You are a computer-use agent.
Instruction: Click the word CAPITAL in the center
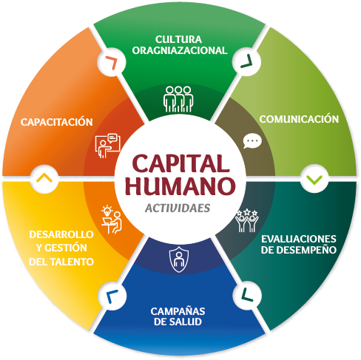(180, 163)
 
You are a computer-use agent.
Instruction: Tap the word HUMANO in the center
(180, 186)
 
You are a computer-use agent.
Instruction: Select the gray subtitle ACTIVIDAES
(178, 208)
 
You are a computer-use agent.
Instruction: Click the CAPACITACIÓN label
(57, 121)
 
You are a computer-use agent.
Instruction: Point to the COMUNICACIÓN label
(299, 119)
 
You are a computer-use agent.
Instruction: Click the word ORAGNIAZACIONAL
(180, 50)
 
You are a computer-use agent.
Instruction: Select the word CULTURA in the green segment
(178, 39)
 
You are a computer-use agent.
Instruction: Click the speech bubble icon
(252, 141)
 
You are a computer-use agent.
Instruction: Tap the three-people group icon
(178, 99)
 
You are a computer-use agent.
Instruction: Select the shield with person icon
(179, 259)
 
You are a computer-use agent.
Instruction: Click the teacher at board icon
(108, 146)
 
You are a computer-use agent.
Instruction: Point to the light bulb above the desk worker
(107, 211)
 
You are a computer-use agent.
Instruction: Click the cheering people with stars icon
(246, 221)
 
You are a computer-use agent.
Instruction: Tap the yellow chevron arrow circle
(44, 179)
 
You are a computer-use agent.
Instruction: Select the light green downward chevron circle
(314, 179)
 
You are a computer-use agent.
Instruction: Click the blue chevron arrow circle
(112, 296)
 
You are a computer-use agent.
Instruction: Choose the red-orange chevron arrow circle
(112, 61)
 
